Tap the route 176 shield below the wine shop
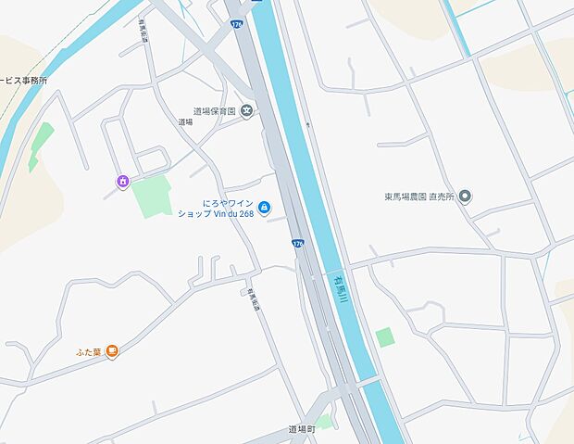[297, 244]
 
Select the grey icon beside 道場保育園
[247, 111]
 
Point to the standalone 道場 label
[185, 121]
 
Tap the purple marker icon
[122, 181]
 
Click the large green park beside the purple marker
[151, 197]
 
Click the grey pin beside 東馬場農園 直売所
[466, 197]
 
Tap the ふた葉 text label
[88, 351]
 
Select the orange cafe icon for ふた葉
[112, 351]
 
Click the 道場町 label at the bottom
[302, 429]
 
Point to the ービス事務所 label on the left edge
[23, 81]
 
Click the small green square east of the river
[385, 336]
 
